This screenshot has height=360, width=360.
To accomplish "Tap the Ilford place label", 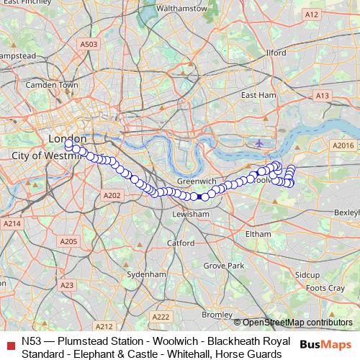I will [x=276, y=53].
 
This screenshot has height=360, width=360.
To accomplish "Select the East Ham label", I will [x=258, y=95].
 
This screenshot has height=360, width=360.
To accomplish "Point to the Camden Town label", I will [x=51, y=85].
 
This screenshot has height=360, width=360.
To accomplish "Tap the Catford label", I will [x=181, y=243].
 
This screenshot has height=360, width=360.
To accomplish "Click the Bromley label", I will [x=217, y=315].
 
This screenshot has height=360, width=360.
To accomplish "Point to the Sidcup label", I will [x=307, y=275].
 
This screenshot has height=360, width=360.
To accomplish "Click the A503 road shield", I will [x=89, y=44].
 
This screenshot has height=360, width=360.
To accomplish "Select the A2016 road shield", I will [x=343, y=145].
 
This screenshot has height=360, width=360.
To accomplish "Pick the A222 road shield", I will [x=161, y=317].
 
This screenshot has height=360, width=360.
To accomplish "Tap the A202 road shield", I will [x=112, y=195].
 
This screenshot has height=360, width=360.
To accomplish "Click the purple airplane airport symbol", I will [x=259, y=143].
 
